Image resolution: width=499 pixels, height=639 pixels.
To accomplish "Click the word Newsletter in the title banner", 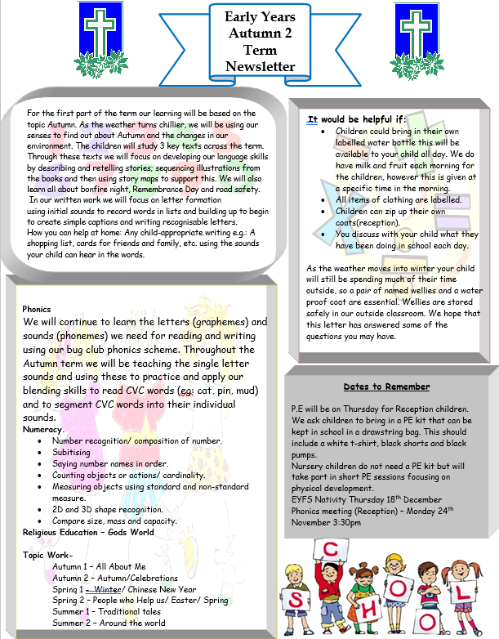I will pyautogui.click(x=261, y=66).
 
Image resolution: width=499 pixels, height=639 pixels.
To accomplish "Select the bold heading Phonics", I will pyautogui.click(x=37, y=310).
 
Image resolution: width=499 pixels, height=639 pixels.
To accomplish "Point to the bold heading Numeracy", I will pyautogui.click(x=43, y=429).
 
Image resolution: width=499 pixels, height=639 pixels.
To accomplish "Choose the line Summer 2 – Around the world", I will pyautogui.click(x=109, y=623).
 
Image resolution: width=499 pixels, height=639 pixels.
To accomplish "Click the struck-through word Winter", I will pyautogui.click(x=106, y=588).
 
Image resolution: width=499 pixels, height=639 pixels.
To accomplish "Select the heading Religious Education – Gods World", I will pyautogui.click(x=88, y=532).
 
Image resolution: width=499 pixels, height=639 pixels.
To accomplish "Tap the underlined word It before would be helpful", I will pyautogui.click(x=312, y=118).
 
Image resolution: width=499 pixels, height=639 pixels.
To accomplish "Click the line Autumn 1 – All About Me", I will pyautogui.click(x=99, y=566).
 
